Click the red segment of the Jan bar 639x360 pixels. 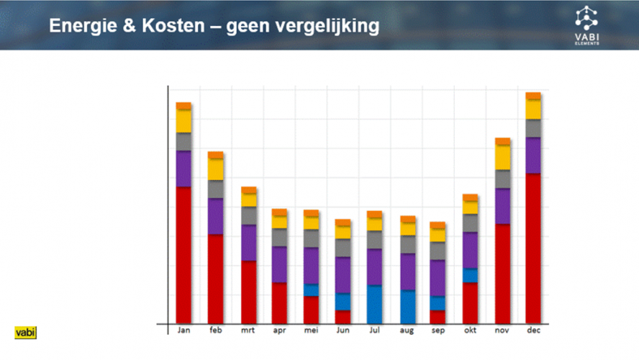[183, 255]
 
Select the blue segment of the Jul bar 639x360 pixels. [374, 304]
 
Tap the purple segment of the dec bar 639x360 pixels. [533, 156]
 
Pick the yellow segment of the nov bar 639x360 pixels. [502, 158]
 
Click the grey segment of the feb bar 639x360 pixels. [215, 189]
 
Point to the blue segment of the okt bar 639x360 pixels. [470, 276]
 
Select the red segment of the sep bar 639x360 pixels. [438, 317]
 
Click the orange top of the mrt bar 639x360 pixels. [249, 190]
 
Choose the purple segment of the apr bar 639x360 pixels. [279, 264]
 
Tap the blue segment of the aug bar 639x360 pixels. [408, 307]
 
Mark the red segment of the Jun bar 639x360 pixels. [343, 317]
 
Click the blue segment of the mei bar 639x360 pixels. [311, 290]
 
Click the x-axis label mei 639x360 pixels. [311, 330]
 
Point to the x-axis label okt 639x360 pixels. [470, 330]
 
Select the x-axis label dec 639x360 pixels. [533, 330]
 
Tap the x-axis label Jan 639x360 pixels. [183, 330]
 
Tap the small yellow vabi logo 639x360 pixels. [25, 333]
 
